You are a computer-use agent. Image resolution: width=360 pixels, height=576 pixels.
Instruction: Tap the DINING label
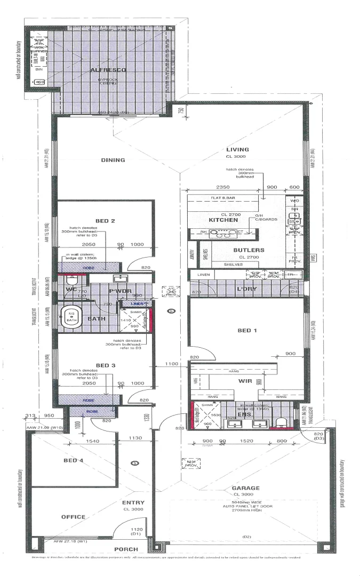point(113,160)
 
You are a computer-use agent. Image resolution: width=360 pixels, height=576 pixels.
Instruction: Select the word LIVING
point(237,149)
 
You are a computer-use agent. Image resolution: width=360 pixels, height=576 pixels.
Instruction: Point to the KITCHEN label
point(223,220)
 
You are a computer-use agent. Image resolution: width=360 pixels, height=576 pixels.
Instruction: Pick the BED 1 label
point(247,331)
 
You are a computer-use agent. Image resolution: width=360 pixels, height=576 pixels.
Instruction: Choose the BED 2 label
point(106,220)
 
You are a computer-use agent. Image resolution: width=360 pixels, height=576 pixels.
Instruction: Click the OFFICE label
point(73,517)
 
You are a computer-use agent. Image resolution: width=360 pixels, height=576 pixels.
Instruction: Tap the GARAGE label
point(245,488)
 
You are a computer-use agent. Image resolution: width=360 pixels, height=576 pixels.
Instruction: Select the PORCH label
point(126,549)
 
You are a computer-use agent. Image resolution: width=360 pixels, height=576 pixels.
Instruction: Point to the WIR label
point(245,382)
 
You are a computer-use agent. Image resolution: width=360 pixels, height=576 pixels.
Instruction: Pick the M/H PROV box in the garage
point(190,462)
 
